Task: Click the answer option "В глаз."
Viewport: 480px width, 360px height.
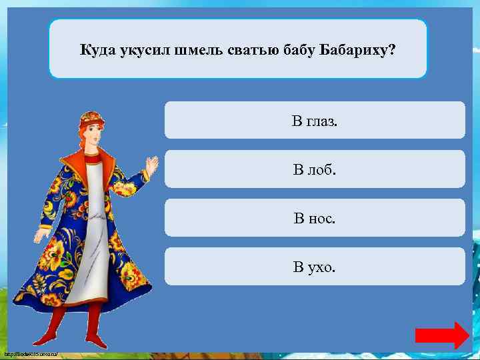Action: pos(315,121)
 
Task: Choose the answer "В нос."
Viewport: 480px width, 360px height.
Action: pos(315,218)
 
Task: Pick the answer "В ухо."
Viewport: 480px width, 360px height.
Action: pos(315,267)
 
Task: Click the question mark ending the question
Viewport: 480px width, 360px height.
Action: pos(391,51)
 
